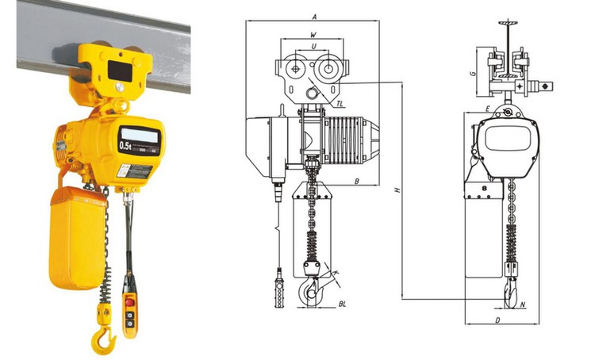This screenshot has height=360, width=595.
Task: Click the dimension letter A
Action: [315, 16]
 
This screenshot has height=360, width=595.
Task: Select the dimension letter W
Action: [313, 35]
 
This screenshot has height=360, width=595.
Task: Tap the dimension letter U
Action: [315, 47]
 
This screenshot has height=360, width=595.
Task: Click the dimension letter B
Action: [359, 182]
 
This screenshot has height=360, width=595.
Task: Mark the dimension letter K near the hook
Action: [336, 273]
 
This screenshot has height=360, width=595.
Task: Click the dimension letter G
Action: [472, 73]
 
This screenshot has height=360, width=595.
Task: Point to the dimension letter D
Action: [497, 320]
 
